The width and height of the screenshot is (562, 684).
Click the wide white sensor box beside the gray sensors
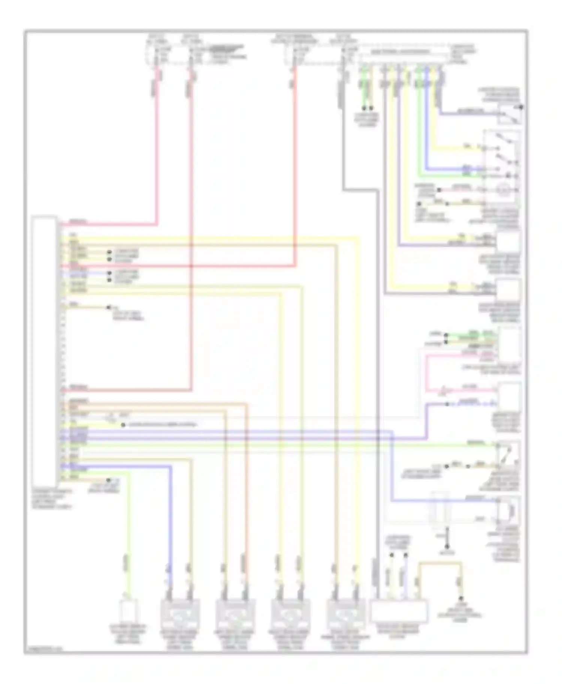click(x=399, y=611)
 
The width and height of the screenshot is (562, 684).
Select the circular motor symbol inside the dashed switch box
click(x=501, y=190)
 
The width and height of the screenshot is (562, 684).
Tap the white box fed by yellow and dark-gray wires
click(x=508, y=290)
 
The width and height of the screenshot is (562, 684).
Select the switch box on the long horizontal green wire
click(x=508, y=454)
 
